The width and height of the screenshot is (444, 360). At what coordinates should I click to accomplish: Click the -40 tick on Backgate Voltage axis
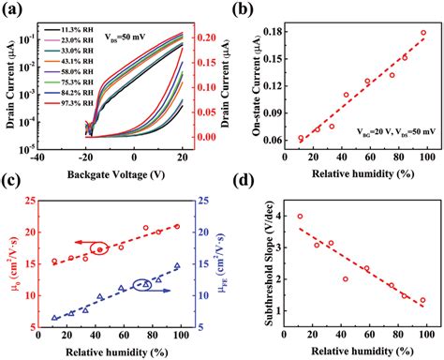[x=37, y=160]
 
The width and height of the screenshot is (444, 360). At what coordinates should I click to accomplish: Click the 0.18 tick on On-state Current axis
[x=286, y=32]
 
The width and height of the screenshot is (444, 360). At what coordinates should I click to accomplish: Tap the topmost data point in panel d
[x=299, y=216]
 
